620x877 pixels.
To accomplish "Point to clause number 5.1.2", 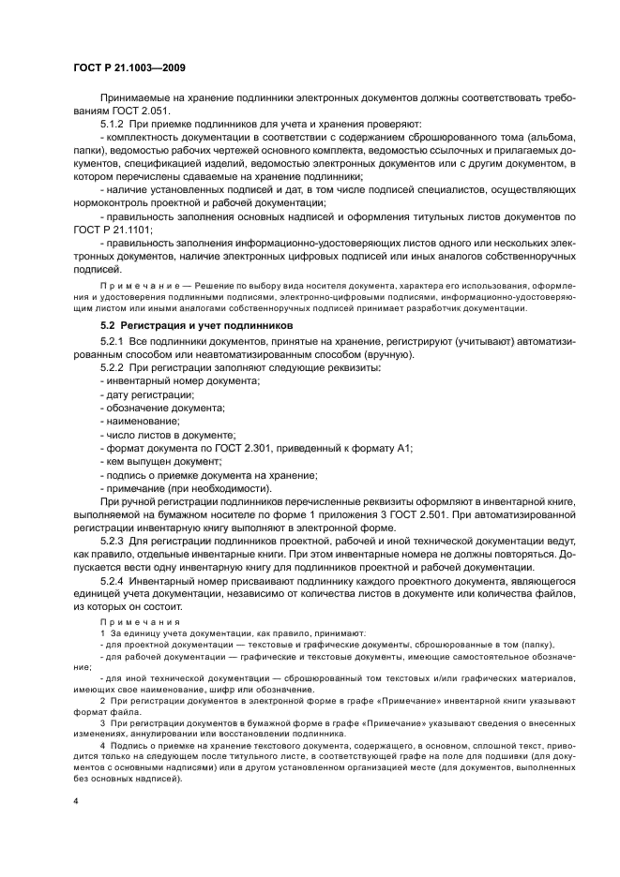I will [114, 123].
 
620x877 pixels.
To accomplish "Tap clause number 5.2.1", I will [114, 340].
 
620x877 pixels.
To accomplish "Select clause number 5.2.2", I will [114, 367].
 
